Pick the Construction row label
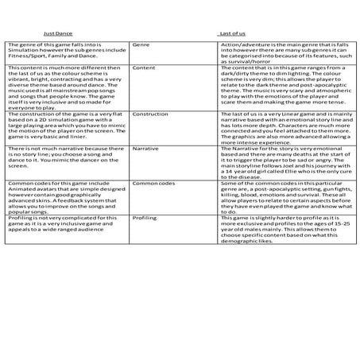tap(150, 114)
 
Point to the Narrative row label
tap(146, 148)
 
